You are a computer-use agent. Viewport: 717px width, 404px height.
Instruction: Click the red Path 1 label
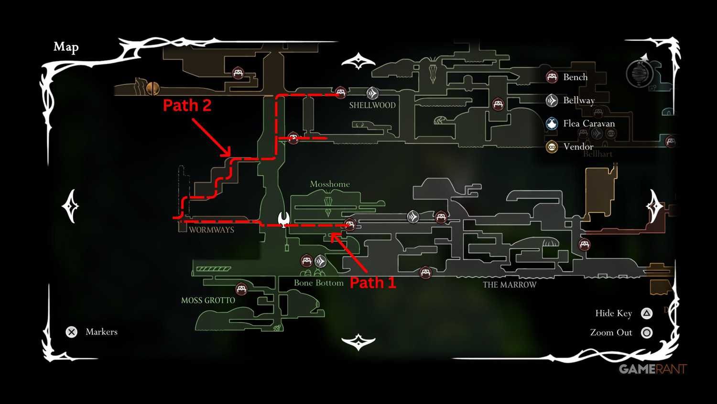click(373, 282)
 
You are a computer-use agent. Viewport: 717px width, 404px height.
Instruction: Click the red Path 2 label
click(187, 105)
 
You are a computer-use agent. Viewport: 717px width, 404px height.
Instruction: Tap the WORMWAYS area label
click(211, 230)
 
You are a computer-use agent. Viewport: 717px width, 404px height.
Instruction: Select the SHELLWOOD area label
click(372, 105)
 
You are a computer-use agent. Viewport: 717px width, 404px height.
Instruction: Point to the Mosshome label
click(330, 184)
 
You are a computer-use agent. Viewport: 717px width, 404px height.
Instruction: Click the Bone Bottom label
click(318, 283)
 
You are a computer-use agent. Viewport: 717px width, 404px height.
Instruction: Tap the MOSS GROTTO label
click(208, 301)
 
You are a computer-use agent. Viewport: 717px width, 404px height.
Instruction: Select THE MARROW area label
click(510, 285)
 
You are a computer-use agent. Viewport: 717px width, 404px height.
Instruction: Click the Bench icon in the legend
click(552, 77)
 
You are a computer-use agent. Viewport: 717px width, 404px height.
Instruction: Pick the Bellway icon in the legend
click(552, 100)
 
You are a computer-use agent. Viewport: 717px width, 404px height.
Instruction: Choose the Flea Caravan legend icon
click(552, 123)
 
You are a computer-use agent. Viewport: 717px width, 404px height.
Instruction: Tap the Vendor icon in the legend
click(552, 146)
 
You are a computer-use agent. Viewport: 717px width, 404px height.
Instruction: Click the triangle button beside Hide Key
click(647, 314)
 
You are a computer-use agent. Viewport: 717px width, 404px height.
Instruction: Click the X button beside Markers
click(72, 332)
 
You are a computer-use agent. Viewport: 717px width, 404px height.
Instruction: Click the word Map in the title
click(66, 47)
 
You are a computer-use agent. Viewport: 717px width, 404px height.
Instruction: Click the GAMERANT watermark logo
click(652, 369)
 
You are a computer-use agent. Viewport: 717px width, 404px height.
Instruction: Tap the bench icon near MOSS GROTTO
click(241, 289)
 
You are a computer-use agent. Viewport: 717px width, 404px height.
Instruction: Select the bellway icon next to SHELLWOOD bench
click(372, 93)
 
